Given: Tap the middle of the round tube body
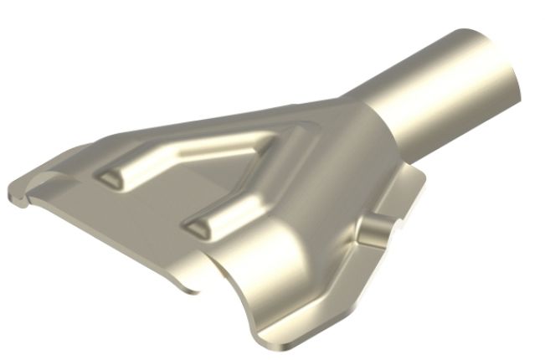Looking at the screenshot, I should [435, 96].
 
